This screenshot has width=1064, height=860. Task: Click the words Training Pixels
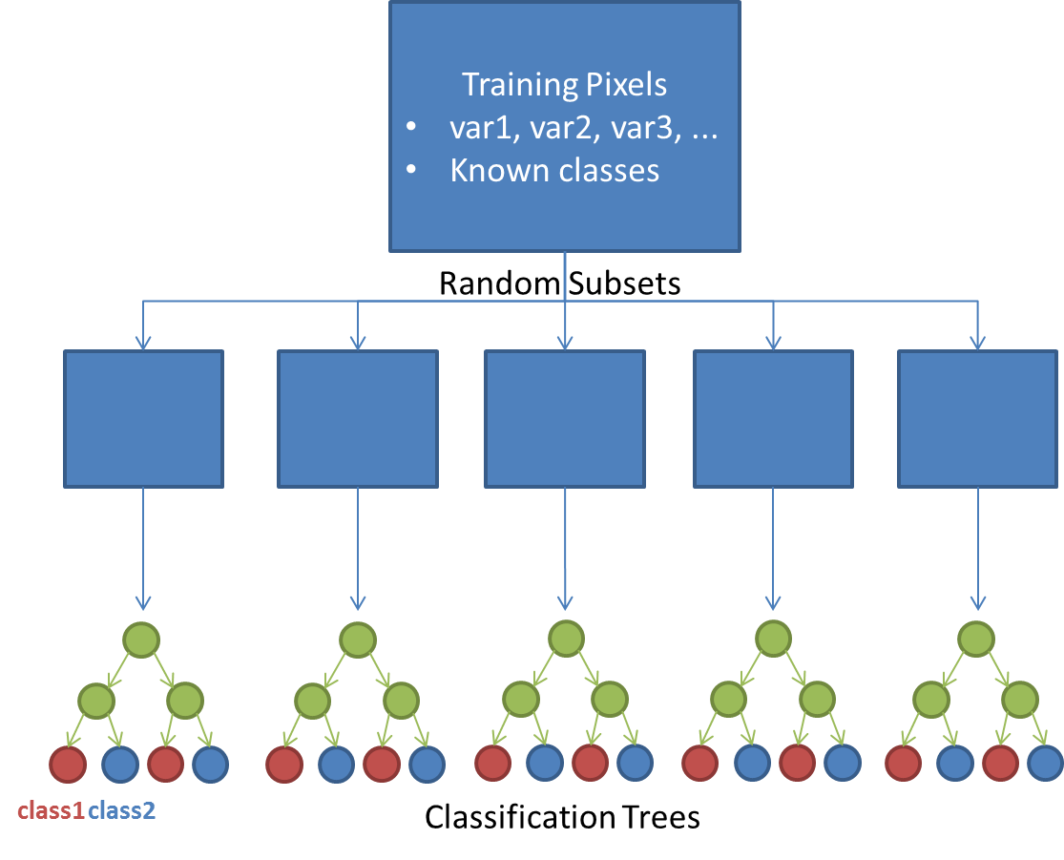tap(564, 85)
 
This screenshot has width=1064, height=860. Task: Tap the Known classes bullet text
tap(554, 171)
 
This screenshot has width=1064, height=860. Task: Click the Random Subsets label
tap(559, 283)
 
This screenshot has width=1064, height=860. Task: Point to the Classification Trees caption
tap(562, 817)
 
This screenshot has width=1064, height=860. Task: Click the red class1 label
tap(52, 811)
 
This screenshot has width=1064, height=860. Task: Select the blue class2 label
tap(122, 811)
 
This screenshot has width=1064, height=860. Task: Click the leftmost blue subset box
tap(143, 418)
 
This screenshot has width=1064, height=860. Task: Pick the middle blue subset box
tap(564, 418)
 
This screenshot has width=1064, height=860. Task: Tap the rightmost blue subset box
tap(977, 418)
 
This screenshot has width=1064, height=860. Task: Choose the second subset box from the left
tap(357, 418)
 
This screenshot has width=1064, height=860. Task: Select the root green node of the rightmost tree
tap(977, 639)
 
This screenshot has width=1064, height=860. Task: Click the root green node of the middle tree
tap(565, 639)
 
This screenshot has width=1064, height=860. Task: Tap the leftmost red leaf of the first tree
tap(67, 764)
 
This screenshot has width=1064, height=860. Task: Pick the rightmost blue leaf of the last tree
tap(1046, 764)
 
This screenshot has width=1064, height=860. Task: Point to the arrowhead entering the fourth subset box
tap(773, 342)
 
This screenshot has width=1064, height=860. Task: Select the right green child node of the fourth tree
tap(817, 701)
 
